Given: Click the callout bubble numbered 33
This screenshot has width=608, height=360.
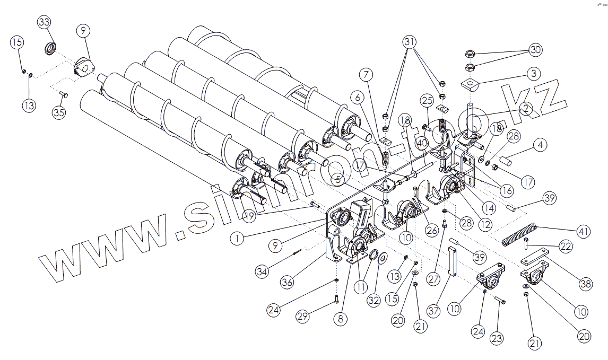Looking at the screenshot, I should tap(45, 22).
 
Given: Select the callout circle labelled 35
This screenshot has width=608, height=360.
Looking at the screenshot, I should tap(59, 112).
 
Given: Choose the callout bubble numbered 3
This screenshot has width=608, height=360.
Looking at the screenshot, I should tap(534, 73).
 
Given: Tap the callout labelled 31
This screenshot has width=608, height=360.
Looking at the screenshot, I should tap(410, 42).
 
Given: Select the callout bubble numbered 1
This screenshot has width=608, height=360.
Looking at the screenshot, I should tap(238, 239).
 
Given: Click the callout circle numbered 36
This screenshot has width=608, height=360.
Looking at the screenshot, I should tap(287, 282).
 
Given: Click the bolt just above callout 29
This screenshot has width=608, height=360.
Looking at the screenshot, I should tap(336, 300).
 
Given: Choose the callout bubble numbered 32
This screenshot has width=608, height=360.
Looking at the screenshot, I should tap(374, 301).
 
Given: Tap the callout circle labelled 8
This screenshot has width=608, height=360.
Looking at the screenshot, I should tap(340, 319).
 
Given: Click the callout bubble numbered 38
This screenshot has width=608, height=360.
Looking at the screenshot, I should tap(585, 284).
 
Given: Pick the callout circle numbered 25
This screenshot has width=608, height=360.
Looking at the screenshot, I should tap(427, 100).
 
